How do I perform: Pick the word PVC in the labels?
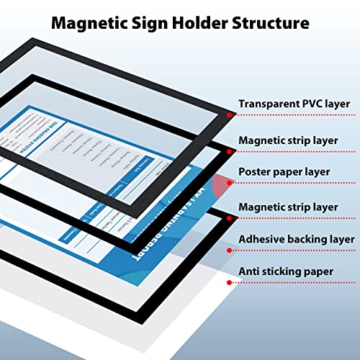click(x=317, y=104)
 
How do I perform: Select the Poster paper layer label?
click(x=284, y=172)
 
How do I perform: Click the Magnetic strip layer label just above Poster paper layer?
click(x=288, y=138)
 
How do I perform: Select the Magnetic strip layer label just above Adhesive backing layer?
click(x=288, y=207)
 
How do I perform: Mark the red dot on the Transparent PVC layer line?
click(x=229, y=114)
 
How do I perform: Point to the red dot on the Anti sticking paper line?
click(x=229, y=283)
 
